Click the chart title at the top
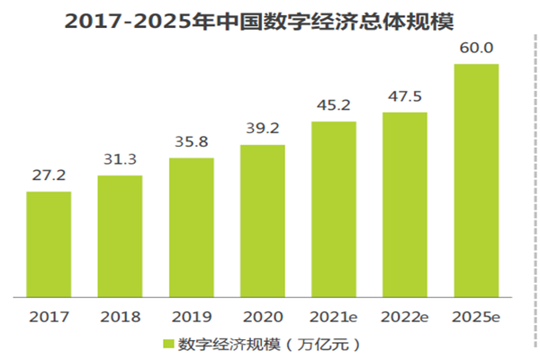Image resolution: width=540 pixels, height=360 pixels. (x=270, y=21)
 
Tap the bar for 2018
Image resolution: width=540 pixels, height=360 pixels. (x=120, y=236)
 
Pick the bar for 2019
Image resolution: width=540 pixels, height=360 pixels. (x=191, y=227)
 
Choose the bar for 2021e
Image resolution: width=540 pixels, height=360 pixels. (x=333, y=209)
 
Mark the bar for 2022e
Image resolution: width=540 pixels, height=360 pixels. (x=405, y=204)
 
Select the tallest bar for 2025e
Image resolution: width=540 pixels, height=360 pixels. (x=476, y=180)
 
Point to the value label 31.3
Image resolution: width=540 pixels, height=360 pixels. (x=120, y=160)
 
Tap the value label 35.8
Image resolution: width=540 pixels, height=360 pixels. (x=191, y=143)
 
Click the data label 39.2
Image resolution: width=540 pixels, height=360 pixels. (x=262, y=129)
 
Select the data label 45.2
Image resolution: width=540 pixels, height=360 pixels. (x=333, y=106)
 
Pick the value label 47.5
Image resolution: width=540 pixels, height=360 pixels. (x=405, y=97)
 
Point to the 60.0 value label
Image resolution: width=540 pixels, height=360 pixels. (x=476, y=48)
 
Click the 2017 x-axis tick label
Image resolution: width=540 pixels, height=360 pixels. (x=49, y=317)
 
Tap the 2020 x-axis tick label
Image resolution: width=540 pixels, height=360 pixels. (x=262, y=317)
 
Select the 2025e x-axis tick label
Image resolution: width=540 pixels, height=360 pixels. (x=476, y=317)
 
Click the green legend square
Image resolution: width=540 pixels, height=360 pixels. (x=167, y=343)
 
